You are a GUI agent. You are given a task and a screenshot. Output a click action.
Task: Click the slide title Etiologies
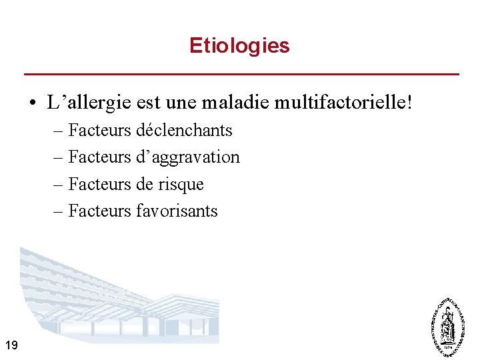point(239,45)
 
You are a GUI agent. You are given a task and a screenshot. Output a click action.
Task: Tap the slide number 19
point(11,345)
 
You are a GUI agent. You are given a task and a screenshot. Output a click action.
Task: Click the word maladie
point(243,103)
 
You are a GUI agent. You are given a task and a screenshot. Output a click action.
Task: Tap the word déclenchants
point(184,130)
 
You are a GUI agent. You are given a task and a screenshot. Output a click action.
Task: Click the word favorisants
point(177,211)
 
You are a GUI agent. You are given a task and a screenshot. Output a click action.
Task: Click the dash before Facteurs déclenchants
point(59,131)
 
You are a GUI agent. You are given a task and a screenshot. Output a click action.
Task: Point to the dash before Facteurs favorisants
point(59,211)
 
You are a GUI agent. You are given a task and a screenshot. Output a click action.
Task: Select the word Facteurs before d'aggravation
point(100,157)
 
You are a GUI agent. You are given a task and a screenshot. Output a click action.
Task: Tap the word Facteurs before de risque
point(100,184)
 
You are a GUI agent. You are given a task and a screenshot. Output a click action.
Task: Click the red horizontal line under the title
point(241,73)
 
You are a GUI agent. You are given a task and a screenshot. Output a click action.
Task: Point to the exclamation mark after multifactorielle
point(409,103)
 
